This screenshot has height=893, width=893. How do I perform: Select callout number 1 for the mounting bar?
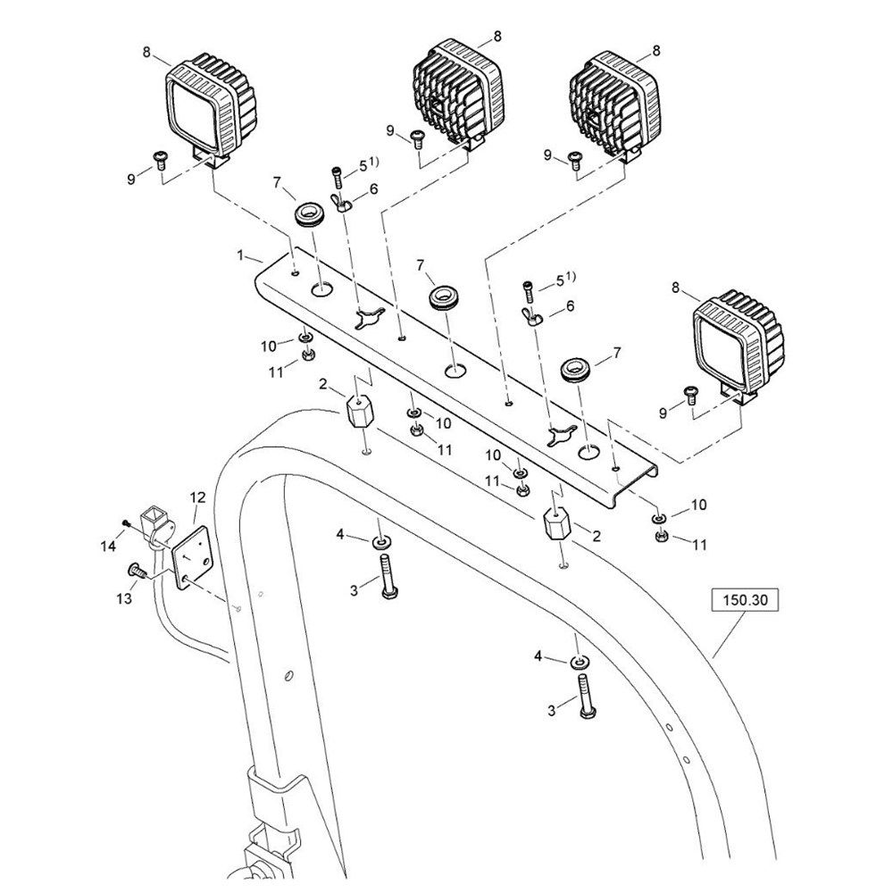tap(240, 255)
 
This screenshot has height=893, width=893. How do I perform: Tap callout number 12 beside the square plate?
tap(197, 496)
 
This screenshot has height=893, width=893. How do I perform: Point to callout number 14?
tap(108, 544)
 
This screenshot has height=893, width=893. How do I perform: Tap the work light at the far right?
tap(739, 342)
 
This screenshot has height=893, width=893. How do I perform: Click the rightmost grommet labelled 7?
tap(576, 371)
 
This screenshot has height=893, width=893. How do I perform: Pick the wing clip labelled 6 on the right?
tap(535, 316)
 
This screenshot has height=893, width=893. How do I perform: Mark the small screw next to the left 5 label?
tap(337, 174)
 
